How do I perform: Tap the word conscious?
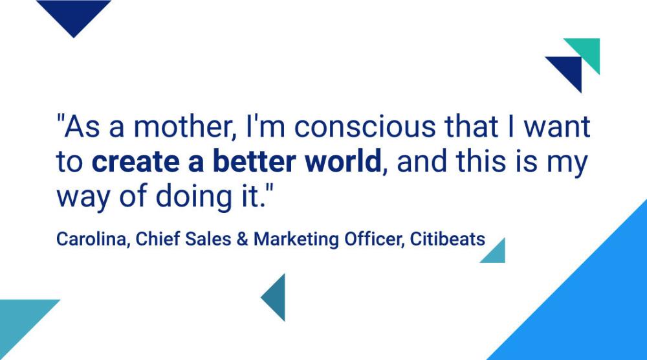(x=365, y=126)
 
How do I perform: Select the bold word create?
(x=135, y=161)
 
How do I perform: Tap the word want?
(x=557, y=126)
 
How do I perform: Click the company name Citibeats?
(x=448, y=239)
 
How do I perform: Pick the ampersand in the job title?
(x=243, y=240)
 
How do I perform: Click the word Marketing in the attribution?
(x=296, y=240)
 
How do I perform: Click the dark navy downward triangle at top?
(x=74, y=13)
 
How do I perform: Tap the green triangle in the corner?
(x=588, y=51)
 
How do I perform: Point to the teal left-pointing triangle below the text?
(x=276, y=297)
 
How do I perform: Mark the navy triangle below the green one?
(x=569, y=69)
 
